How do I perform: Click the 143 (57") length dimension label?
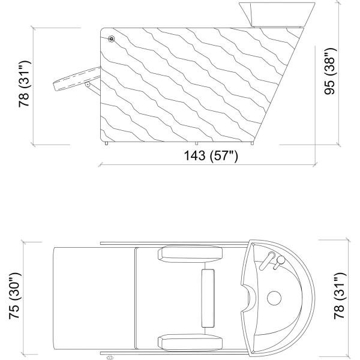[211, 155]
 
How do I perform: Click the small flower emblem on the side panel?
[111, 40]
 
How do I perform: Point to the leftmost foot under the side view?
[106, 143]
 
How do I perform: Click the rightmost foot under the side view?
[255, 143]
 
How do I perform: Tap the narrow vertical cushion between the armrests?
[208, 298]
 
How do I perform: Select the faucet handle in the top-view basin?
[273, 260]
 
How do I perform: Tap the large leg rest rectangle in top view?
[93, 298]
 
